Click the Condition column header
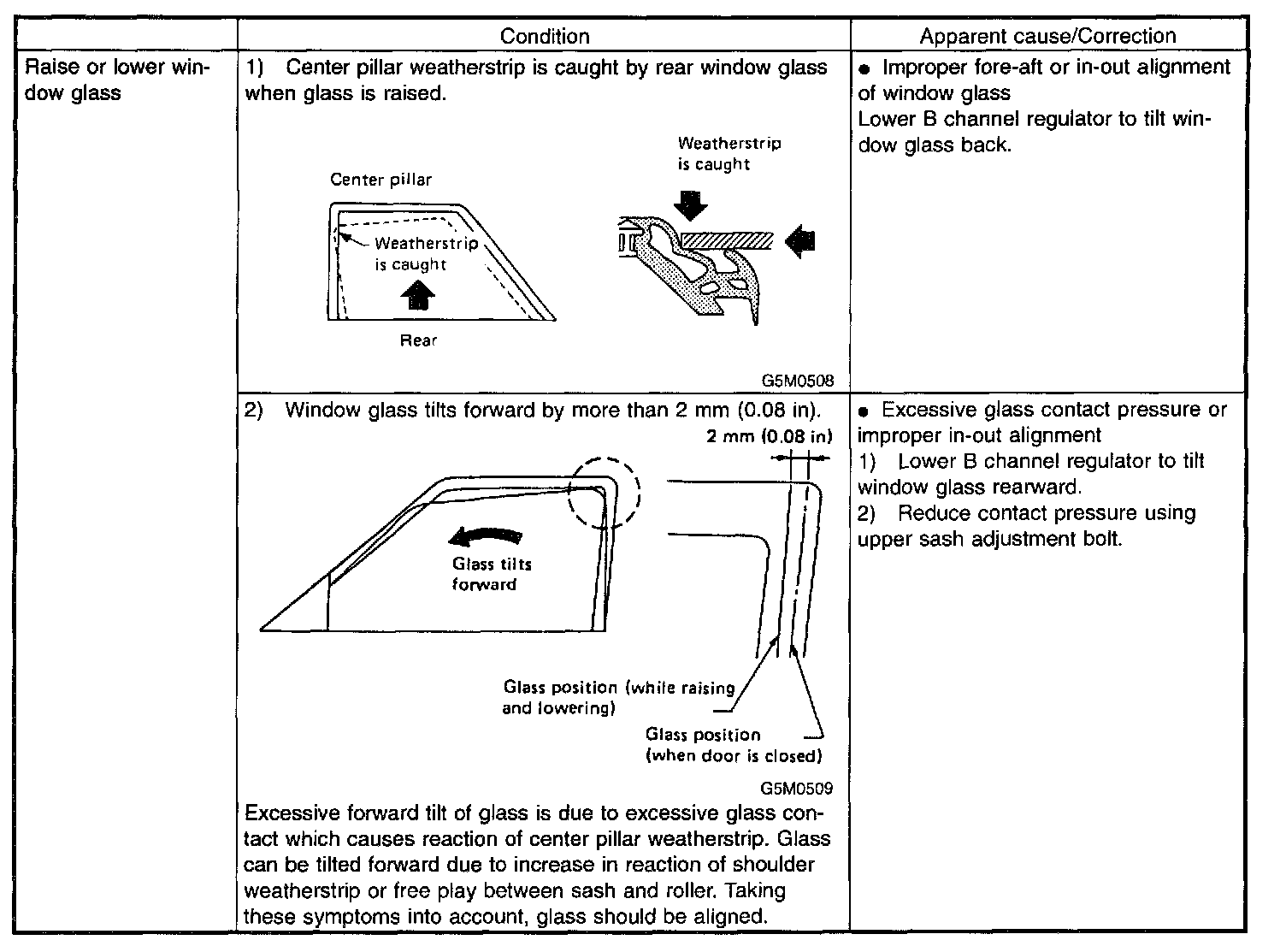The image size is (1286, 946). pyautogui.click(x=544, y=36)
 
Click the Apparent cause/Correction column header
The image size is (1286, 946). pyautogui.click(x=1047, y=36)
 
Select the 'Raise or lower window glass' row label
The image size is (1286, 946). pyautogui.click(x=119, y=80)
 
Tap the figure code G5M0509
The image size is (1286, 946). pyautogui.click(x=796, y=789)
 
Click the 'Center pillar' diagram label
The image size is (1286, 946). pyautogui.click(x=381, y=180)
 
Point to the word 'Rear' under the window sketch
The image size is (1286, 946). pyautogui.click(x=418, y=340)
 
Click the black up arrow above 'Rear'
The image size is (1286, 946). pyautogui.click(x=418, y=296)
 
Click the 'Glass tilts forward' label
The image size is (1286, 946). pyautogui.click(x=491, y=574)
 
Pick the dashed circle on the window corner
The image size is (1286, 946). pyautogui.click(x=603, y=494)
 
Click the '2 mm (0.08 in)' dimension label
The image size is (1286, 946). pyautogui.click(x=769, y=436)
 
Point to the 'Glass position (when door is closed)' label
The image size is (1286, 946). pyautogui.click(x=733, y=745)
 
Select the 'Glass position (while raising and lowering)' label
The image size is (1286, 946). pyautogui.click(x=618, y=697)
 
